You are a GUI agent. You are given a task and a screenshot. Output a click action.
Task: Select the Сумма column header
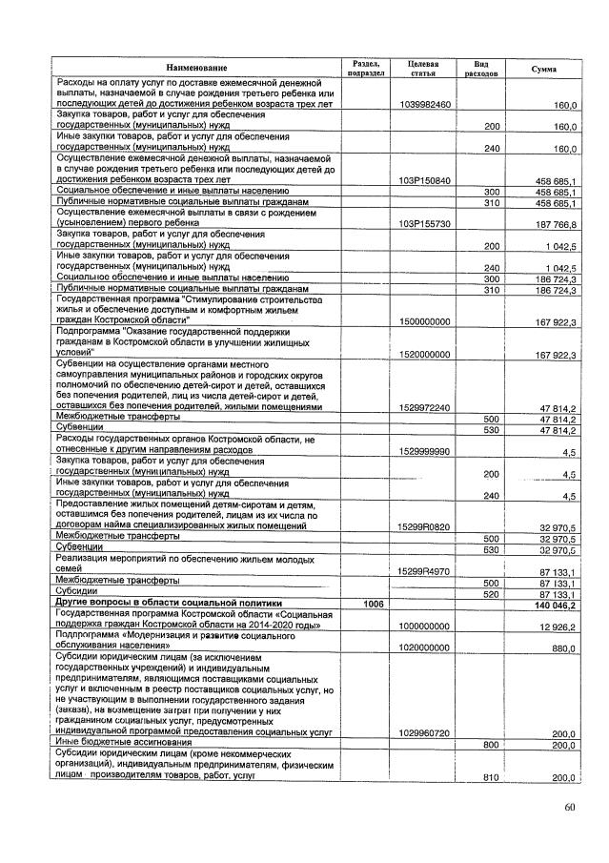pos(544,69)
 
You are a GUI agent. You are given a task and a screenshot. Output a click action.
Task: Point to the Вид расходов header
pos(482,68)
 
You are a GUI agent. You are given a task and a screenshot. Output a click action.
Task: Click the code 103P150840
pos(426,180)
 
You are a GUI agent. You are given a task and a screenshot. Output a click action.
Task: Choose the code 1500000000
pos(426,321)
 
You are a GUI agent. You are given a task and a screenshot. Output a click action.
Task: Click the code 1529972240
pos(426,407)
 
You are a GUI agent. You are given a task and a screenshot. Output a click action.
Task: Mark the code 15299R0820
pos(426,526)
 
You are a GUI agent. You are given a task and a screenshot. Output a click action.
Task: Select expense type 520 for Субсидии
pos(493,593)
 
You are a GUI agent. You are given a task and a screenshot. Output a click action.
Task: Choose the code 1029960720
pos(426,732)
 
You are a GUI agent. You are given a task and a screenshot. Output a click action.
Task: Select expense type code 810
pos(493,778)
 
